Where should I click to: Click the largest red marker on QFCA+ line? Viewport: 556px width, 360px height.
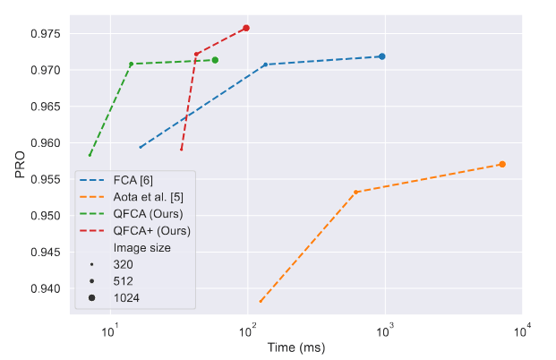(246, 28)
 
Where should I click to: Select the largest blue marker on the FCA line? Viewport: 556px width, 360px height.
(382, 56)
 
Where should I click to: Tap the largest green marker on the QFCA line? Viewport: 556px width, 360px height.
(215, 60)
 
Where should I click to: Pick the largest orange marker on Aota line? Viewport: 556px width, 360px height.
(502, 164)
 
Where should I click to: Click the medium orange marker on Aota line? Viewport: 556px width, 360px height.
(356, 192)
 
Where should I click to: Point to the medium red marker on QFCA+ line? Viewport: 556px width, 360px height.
(197, 54)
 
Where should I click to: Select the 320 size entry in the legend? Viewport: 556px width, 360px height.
(126, 264)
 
